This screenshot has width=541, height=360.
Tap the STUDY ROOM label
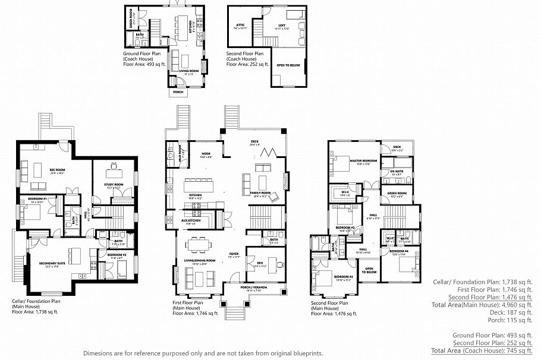coord(114,185)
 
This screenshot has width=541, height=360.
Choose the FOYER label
coord(234,255)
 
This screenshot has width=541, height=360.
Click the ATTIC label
coord(241,25)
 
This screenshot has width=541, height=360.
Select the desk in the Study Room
coord(114,173)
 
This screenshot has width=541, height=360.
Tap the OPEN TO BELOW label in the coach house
coord(289,65)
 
